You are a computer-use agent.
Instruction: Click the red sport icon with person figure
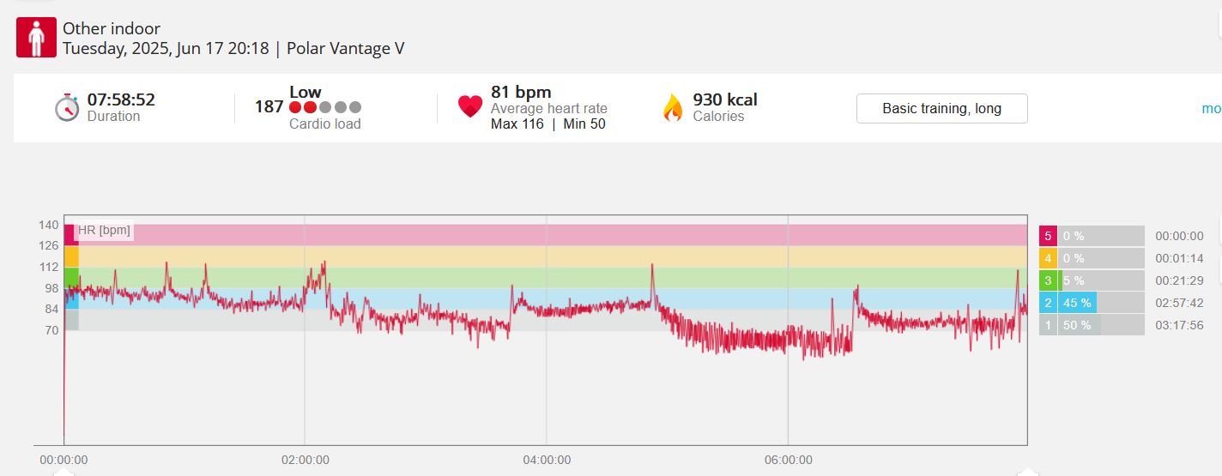pyautogui.click(x=36, y=37)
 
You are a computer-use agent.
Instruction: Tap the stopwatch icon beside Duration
pyautogui.click(x=67, y=107)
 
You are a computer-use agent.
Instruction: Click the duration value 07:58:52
pyautogui.click(x=121, y=99)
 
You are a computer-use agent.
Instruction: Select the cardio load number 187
pyautogui.click(x=269, y=106)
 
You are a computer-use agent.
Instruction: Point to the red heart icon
pyautogui.click(x=469, y=105)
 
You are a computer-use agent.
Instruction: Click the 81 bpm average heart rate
pyautogui.click(x=521, y=92)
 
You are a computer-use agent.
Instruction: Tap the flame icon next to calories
pyautogui.click(x=673, y=107)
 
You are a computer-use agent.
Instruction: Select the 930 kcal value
pyautogui.click(x=725, y=99)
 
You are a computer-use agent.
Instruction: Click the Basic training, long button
pyautogui.click(x=942, y=109)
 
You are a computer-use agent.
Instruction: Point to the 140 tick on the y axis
pyautogui.click(x=49, y=225)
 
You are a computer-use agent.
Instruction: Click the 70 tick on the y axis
pyautogui.click(x=51, y=330)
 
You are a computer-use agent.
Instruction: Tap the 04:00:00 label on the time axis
pyautogui.click(x=547, y=460)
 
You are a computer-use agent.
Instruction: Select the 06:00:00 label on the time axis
pyautogui.click(x=789, y=460)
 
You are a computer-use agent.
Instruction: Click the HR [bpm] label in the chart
pyautogui.click(x=104, y=230)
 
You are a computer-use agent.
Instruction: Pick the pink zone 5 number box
pyautogui.click(x=1048, y=236)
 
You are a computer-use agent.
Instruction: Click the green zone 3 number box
pyautogui.click(x=1048, y=280)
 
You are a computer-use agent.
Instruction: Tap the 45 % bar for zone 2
pyautogui.click(x=1078, y=303)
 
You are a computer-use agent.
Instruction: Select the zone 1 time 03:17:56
pyautogui.click(x=1179, y=325)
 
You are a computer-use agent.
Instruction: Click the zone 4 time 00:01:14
pyautogui.click(x=1179, y=258)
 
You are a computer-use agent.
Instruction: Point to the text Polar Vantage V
pyautogui.click(x=345, y=49)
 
